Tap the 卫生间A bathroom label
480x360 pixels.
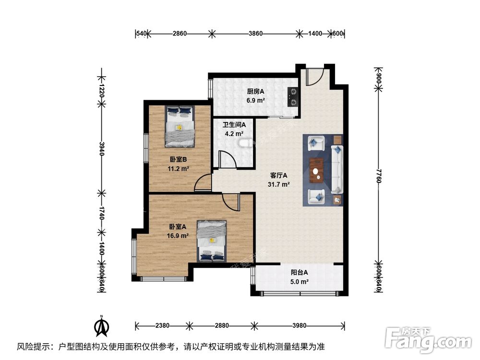(234, 125)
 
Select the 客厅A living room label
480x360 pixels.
(278, 175)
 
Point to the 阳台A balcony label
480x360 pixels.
(299, 273)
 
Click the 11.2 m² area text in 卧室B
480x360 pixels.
(178, 168)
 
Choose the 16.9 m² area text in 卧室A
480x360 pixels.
(178, 236)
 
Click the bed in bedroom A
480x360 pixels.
(212, 241)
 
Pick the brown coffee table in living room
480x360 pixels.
(316, 170)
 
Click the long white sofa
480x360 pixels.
(337, 169)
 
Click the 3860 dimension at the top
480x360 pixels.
(255, 34)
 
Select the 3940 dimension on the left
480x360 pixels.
(102, 146)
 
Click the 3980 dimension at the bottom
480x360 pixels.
(299, 326)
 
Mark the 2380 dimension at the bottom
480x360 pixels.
(162, 326)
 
